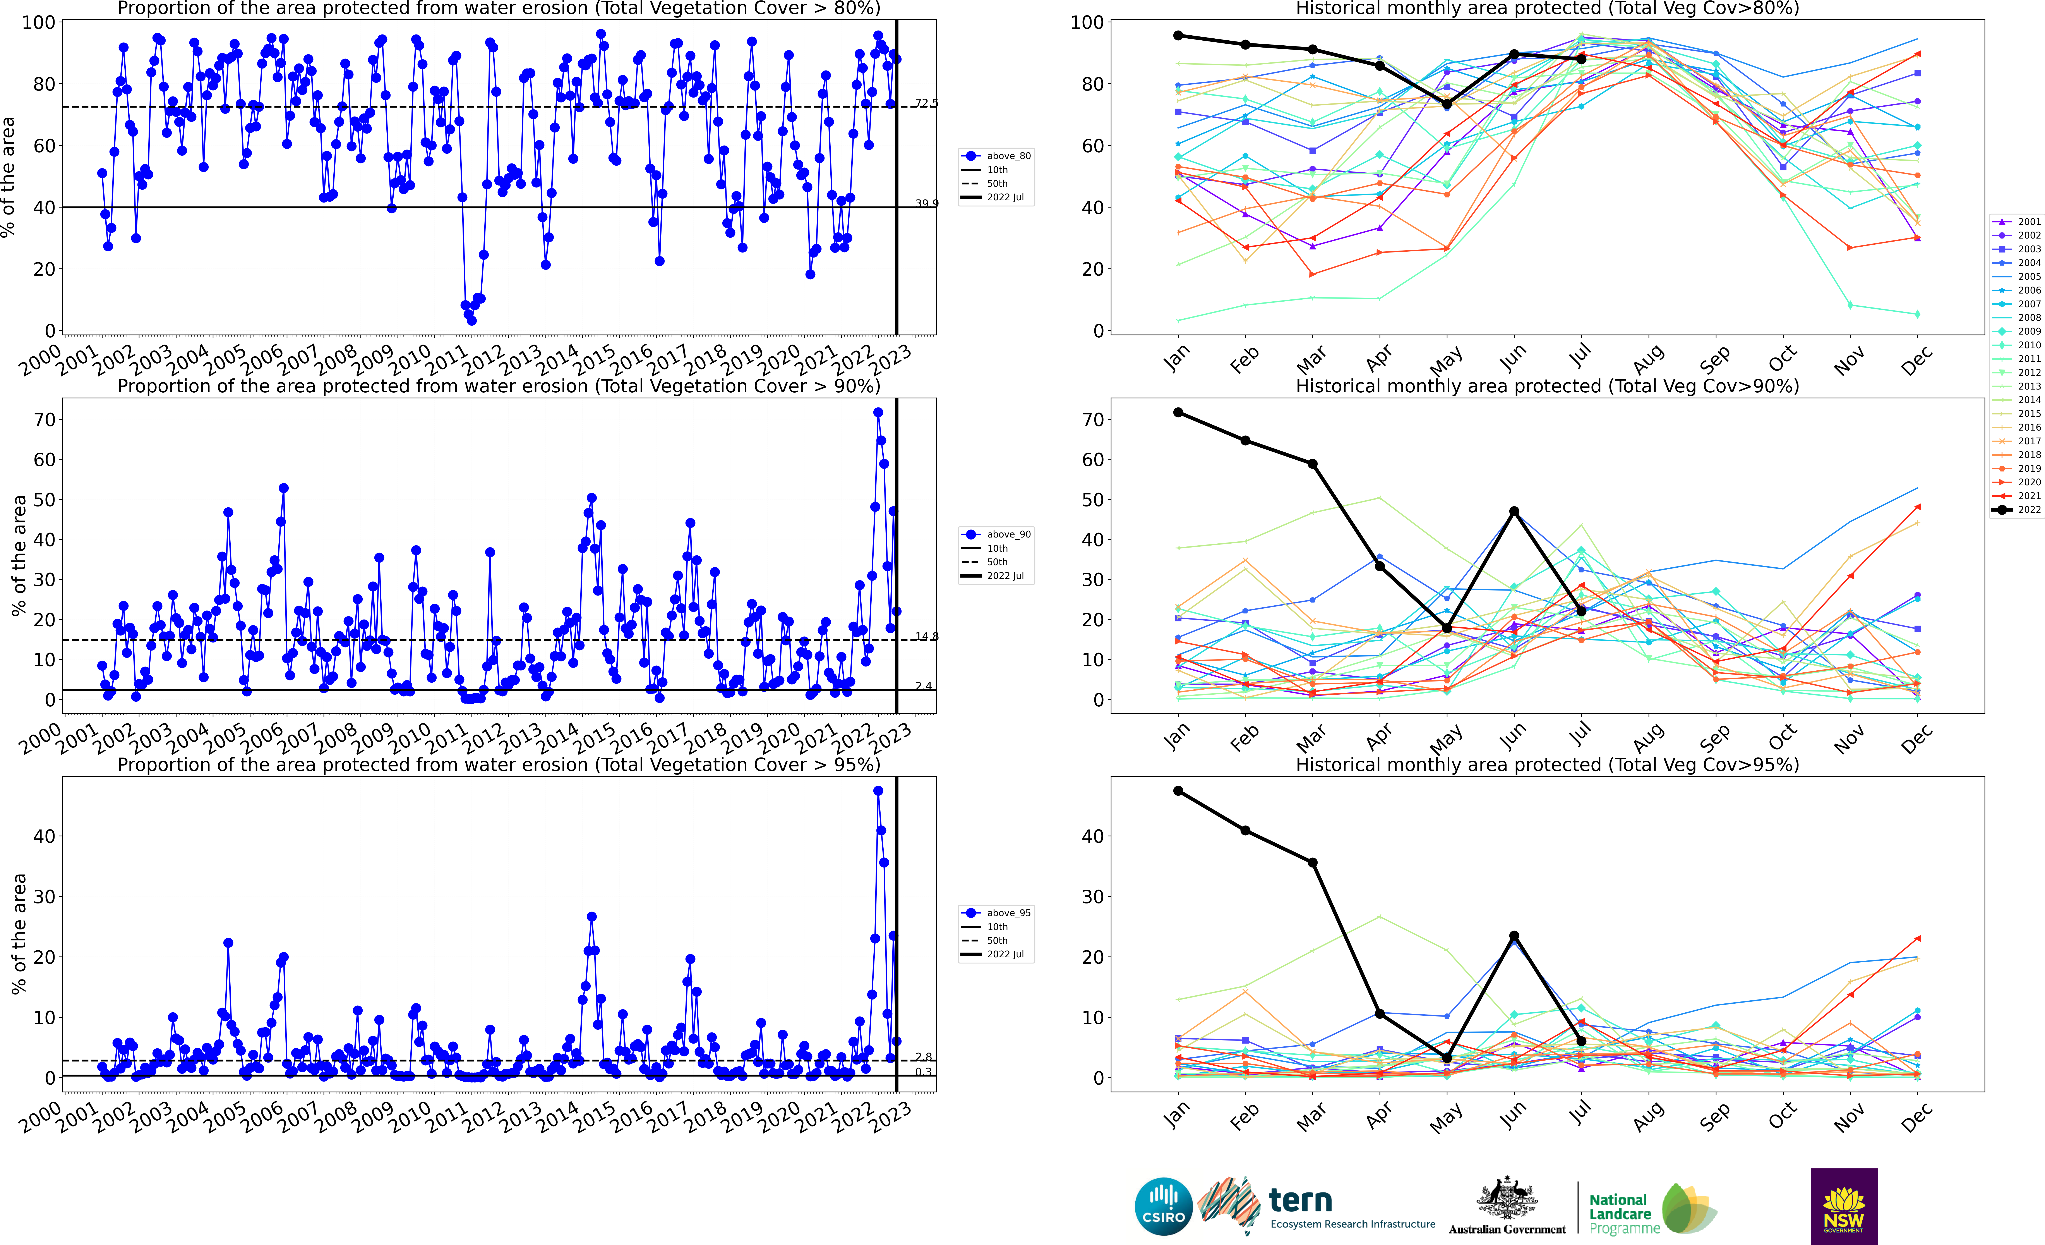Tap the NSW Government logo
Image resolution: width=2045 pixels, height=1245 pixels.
pos(1843,1206)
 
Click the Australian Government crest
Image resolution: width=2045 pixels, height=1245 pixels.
pos(1506,1199)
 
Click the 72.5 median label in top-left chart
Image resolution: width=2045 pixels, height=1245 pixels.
pos(926,103)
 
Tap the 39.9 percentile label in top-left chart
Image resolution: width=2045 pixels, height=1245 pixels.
pos(926,203)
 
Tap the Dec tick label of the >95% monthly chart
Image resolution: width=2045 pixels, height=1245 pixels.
pos(1916,1118)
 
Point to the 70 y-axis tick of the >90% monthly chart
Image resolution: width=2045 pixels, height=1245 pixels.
pos(1092,420)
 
